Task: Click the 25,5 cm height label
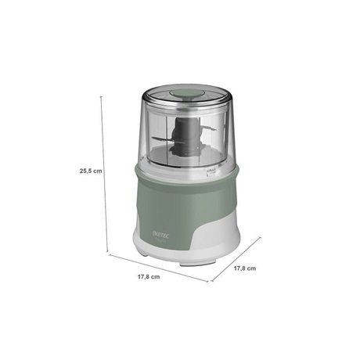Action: pyautogui.click(x=91, y=171)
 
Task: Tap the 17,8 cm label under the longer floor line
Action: pyautogui.click(x=149, y=277)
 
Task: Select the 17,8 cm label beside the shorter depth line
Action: pyautogui.click(x=245, y=268)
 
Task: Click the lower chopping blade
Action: pyautogui.click(x=162, y=140)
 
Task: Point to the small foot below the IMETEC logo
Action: pyautogui.click(x=142, y=254)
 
